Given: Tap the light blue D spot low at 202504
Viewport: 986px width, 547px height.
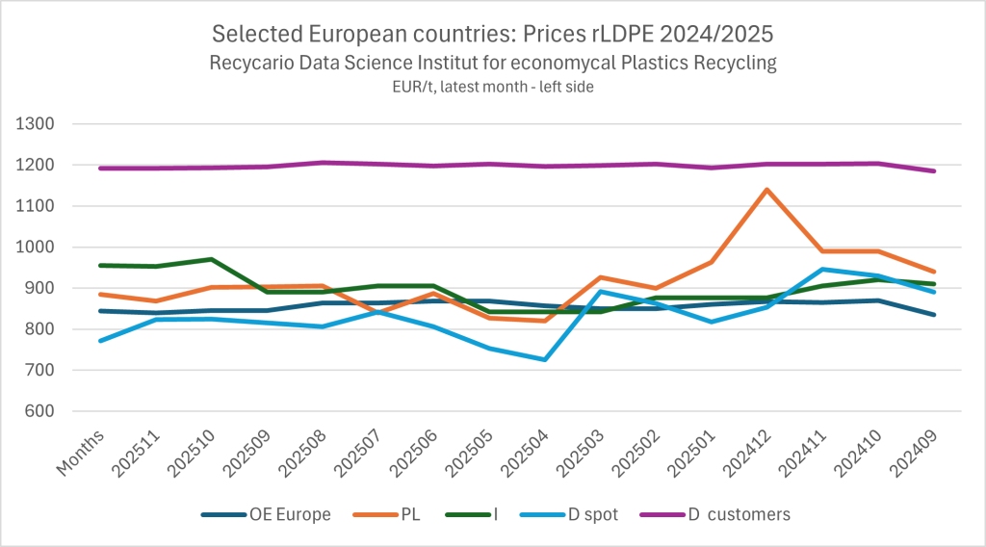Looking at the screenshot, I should [545, 359].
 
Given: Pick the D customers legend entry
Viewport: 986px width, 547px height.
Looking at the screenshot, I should [739, 514].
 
